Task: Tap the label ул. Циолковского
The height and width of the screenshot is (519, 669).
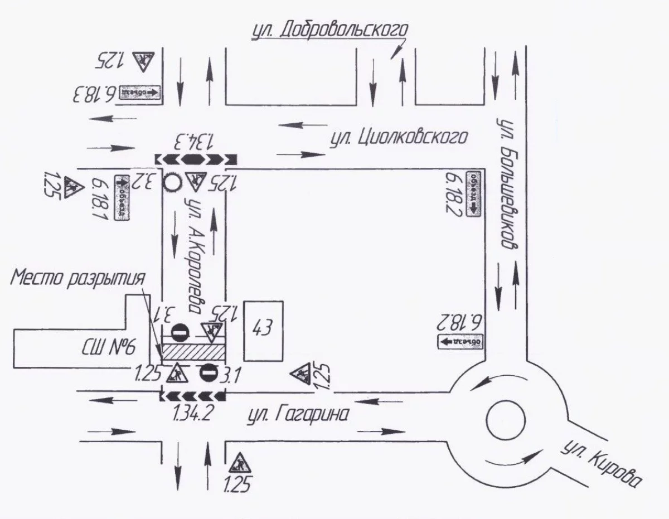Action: coord(397,137)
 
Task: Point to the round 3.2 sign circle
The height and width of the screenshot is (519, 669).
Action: coord(172,181)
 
